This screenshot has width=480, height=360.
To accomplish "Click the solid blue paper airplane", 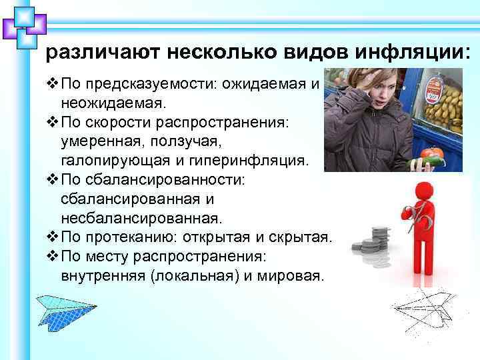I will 64,310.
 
